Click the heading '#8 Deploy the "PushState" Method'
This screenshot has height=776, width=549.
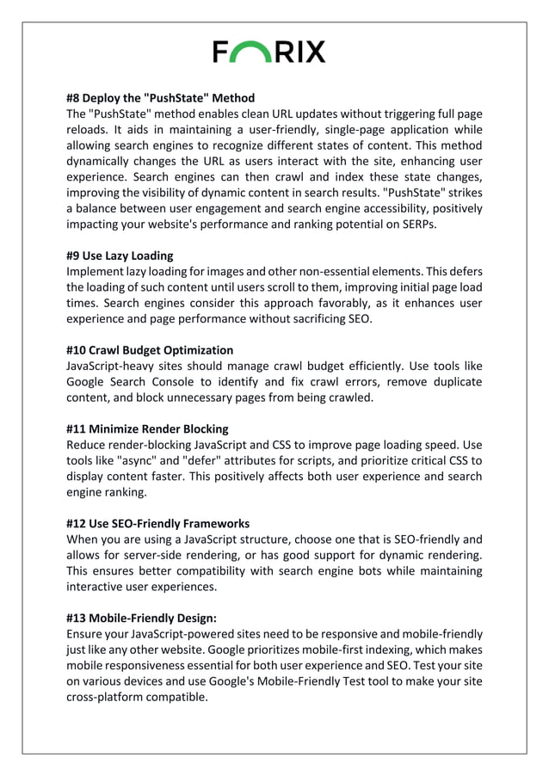pos(161,97)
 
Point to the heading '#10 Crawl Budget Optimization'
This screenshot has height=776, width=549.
pos(150,350)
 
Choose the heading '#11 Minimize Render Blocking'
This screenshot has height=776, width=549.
pos(148,428)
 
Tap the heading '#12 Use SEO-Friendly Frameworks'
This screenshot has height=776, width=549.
pos(158,523)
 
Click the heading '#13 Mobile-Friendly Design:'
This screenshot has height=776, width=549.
pos(142,618)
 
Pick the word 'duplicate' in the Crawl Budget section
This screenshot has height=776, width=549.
pos(453,382)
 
